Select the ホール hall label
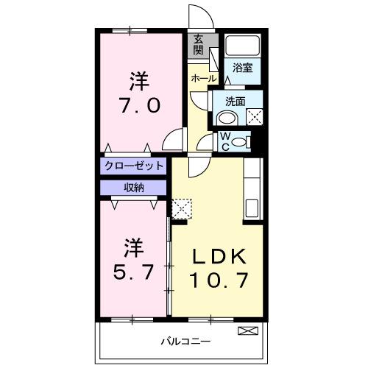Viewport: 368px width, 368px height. [203, 77]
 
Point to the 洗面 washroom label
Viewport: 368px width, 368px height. [235, 102]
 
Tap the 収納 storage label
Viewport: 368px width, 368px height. [133, 187]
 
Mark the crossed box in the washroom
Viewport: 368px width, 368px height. [255, 116]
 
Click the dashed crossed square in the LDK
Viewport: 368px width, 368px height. [180, 208]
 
